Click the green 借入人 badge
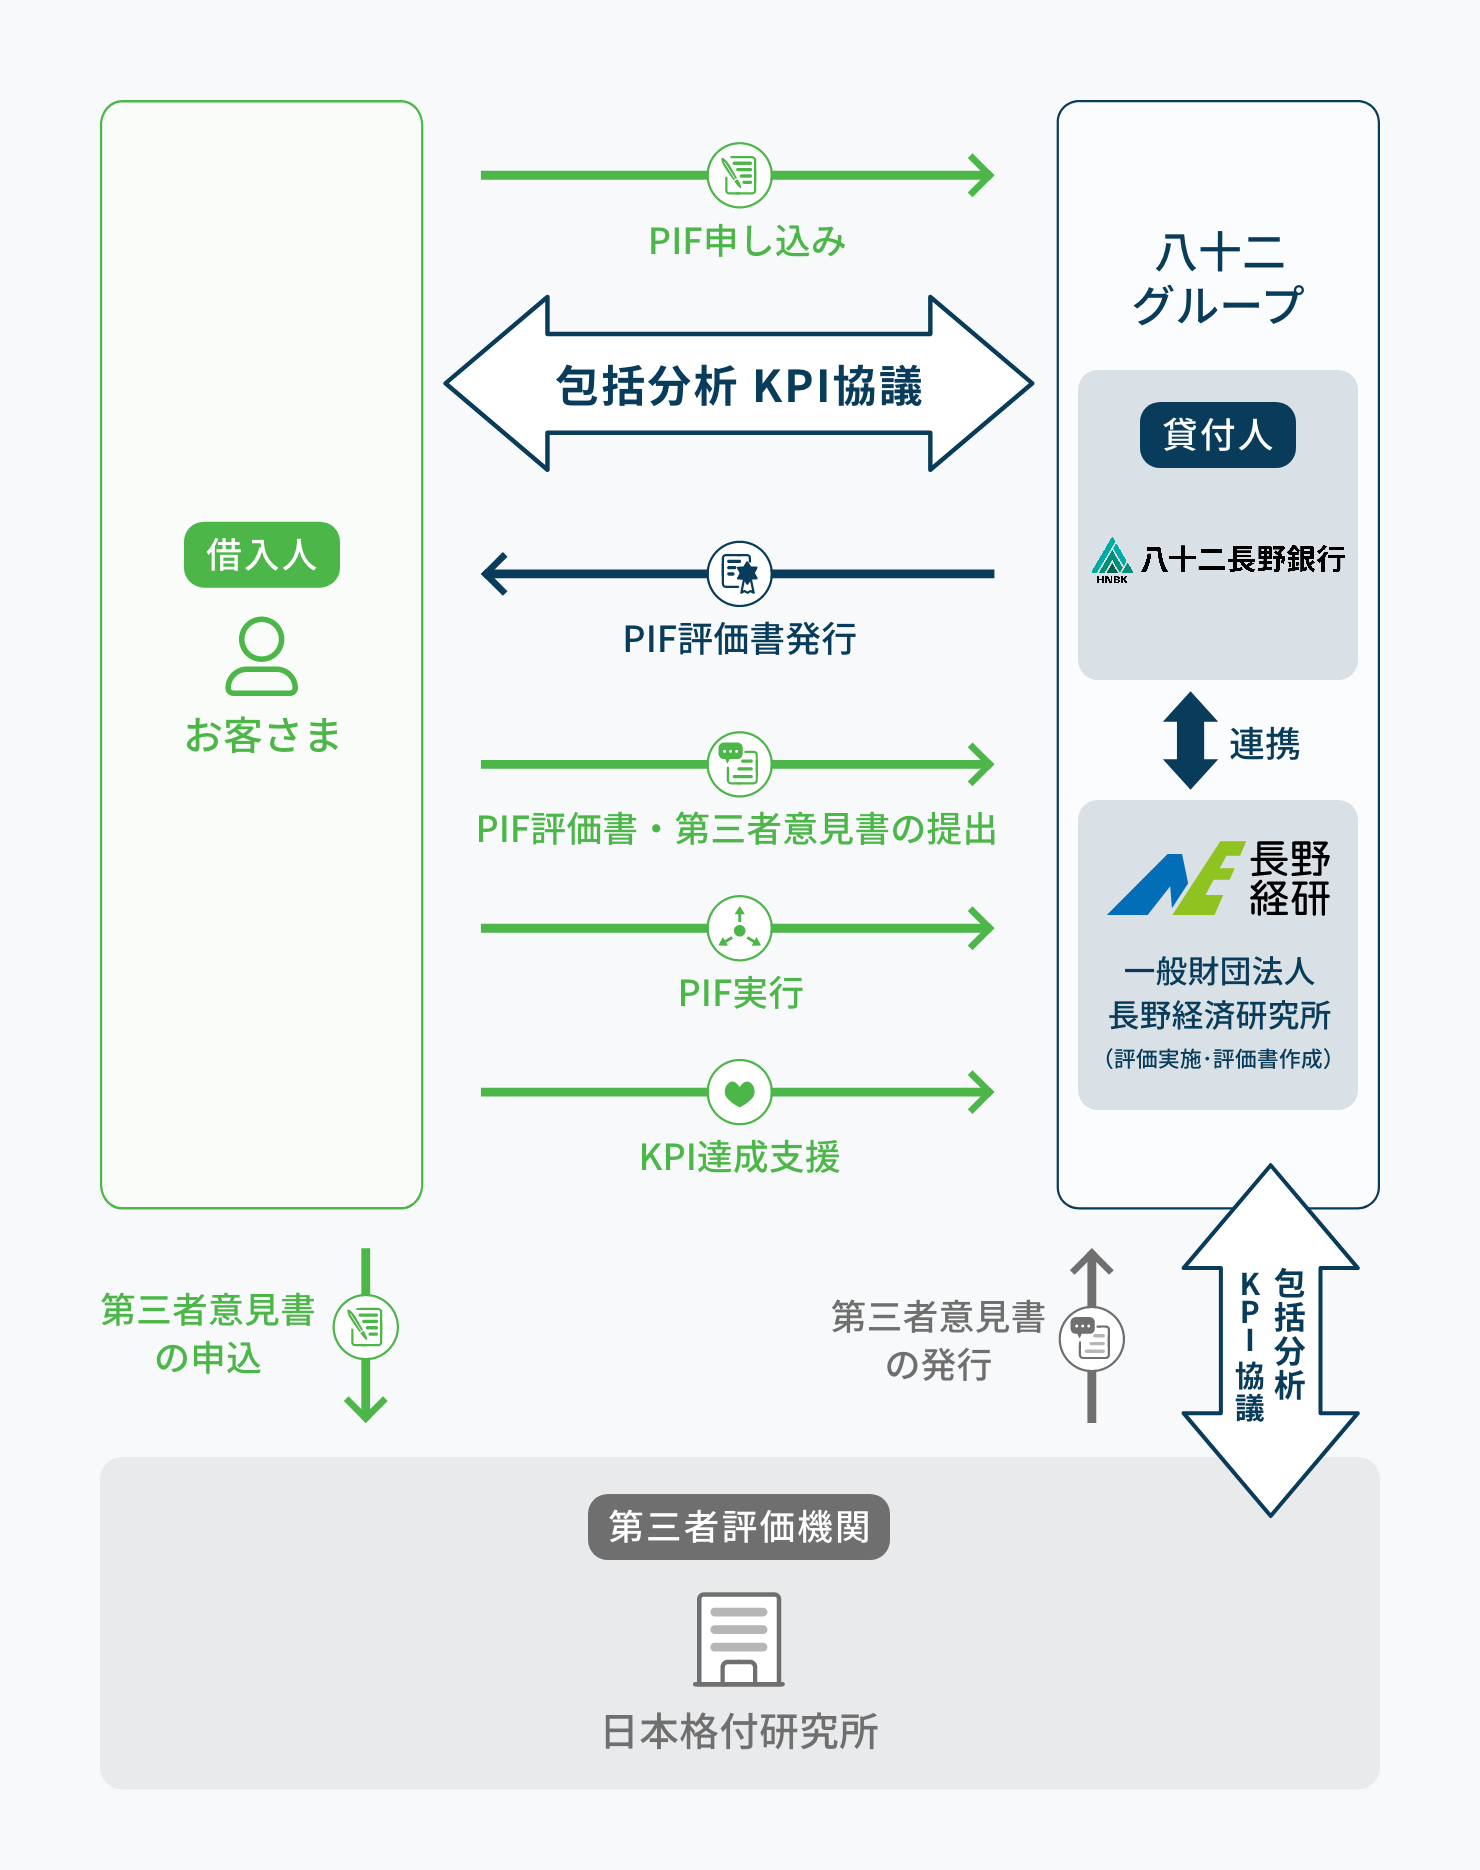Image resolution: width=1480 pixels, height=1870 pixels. (261, 554)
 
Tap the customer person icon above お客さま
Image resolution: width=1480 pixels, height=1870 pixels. (261, 656)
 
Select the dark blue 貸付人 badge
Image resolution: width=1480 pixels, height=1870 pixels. (1217, 435)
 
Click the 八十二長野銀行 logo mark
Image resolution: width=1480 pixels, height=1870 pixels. (1112, 559)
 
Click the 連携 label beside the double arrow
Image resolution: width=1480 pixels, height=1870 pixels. (1264, 744)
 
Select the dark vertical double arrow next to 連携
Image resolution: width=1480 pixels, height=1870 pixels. (1190, 740)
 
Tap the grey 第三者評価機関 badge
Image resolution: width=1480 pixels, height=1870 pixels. (738, 1527)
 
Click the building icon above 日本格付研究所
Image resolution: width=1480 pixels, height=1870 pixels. (739, 1639)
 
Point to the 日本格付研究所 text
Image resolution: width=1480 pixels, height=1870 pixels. (739, 1732)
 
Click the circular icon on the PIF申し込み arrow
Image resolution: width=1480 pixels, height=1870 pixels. (739, 175)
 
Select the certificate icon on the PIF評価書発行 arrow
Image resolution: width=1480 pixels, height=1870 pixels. (739, 573)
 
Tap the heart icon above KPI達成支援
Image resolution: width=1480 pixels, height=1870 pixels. (739, 1092)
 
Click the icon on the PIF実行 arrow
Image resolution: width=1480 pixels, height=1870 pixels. (739, 928)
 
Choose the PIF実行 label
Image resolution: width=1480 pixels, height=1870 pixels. (740, 993)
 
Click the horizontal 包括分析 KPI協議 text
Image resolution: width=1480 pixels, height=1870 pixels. (739, 386)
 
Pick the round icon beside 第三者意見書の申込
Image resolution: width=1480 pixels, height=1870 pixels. (365, 1327)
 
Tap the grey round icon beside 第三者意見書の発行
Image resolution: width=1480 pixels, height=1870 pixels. (1091, 1339)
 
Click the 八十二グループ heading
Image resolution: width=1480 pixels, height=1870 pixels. (1218, 279)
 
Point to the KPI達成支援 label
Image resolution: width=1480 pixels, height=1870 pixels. (739, 1157)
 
